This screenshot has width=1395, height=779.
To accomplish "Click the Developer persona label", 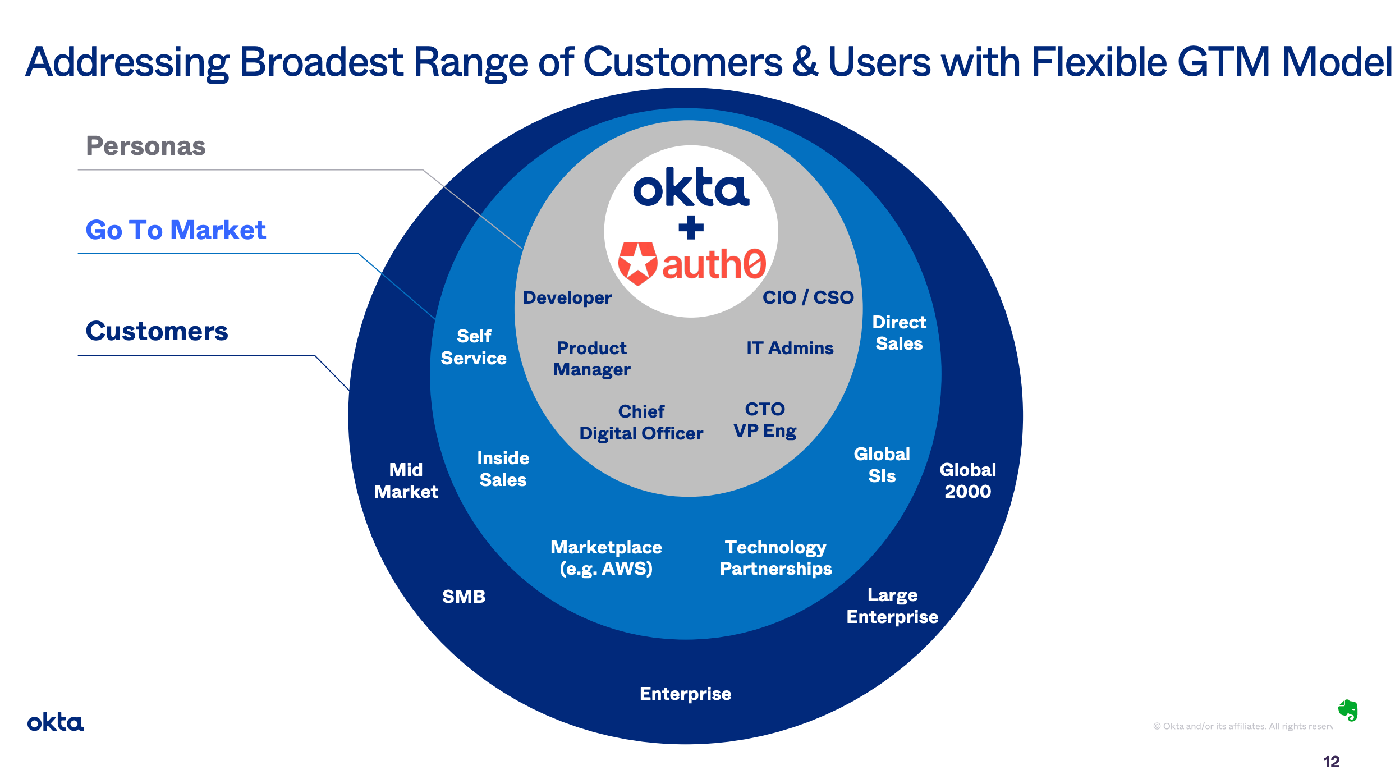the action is pos(567,297).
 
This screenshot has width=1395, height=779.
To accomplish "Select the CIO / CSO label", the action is pos(807,297).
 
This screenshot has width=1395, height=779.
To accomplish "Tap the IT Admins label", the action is pos(790,348).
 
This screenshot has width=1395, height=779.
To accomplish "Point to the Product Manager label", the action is pos(591,359).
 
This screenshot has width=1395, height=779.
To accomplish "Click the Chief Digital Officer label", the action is pos(641,422).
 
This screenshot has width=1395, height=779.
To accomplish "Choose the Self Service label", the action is pos(474,347).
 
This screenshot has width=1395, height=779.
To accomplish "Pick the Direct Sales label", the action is pos(899,333).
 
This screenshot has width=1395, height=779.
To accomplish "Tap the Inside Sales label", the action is pos(503,469).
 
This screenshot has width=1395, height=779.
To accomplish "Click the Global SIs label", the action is pos(882,465).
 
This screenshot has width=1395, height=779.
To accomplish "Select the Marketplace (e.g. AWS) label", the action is pos(606,558).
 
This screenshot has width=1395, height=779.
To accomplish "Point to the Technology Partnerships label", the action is pos(775,558).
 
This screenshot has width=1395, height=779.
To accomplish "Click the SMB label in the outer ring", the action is pos(464,596).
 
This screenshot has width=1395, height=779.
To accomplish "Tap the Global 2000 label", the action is pos(967,480).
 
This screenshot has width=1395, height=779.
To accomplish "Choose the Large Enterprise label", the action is pos(892,606).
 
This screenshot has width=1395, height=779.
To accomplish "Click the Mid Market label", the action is pos(406,480).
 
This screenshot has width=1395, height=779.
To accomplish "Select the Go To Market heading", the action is pos(176,230).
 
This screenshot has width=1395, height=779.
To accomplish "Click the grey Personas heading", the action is pos(146,146).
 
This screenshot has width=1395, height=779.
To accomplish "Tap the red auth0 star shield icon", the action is pos(637,263).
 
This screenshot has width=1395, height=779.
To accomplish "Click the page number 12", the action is pos(1331,762).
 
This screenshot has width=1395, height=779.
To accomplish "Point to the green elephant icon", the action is pos(1348,711).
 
